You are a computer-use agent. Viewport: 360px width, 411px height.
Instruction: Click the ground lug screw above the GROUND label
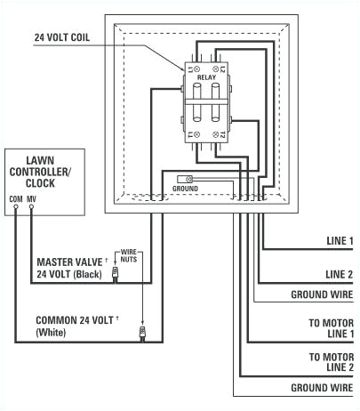click(188, 178)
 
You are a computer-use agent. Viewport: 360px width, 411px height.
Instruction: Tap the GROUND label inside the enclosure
click(184, 189)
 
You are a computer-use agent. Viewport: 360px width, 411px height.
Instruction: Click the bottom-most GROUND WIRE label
click(323, 389)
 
